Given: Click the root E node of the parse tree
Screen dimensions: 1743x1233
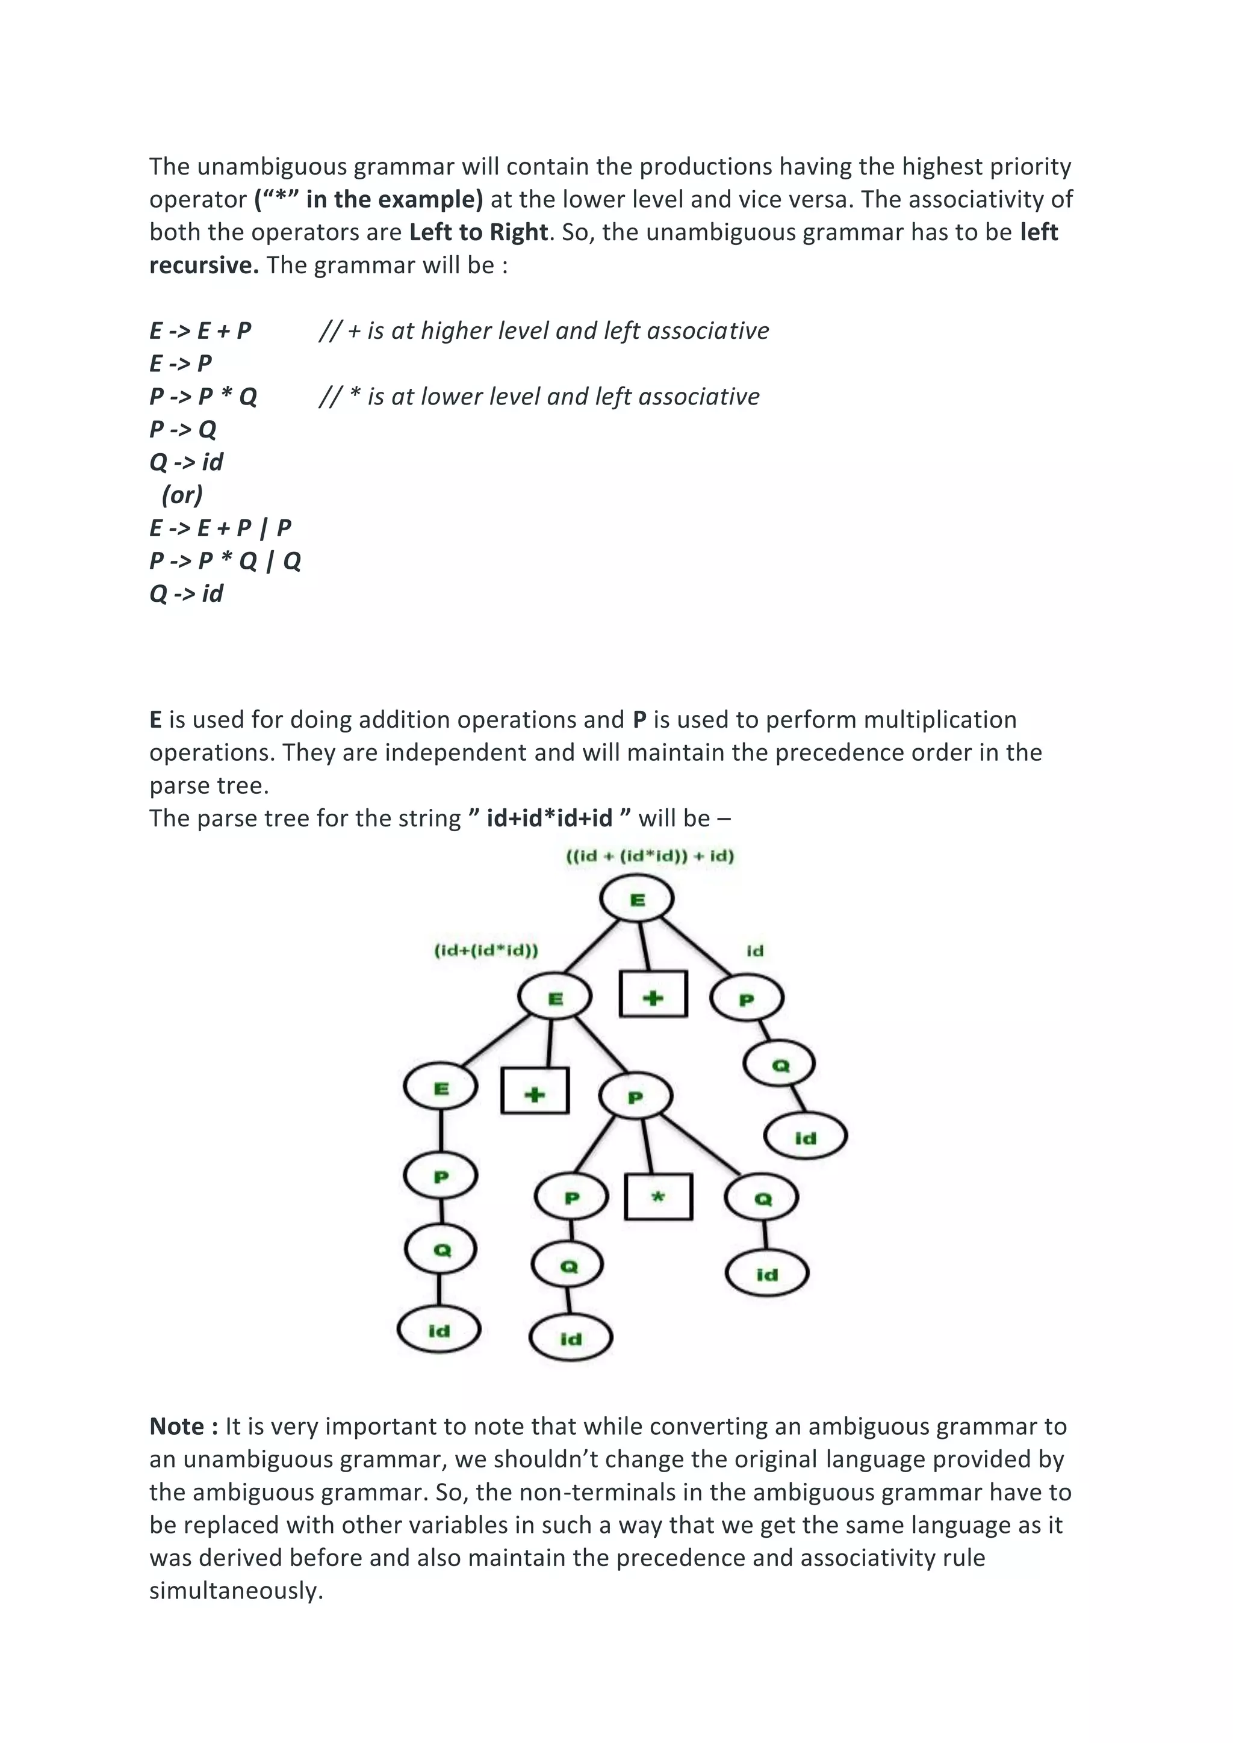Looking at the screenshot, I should pos(636,900).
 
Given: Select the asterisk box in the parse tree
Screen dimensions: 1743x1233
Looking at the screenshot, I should pos(658,1197).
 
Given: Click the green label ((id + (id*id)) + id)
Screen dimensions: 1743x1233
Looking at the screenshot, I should pos(650,856).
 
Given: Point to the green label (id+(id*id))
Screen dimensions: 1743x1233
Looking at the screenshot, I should pos(486,950).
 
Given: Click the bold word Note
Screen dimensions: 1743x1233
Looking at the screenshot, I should pos(176,1426).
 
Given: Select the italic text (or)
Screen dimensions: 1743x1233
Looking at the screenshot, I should pos(182,495).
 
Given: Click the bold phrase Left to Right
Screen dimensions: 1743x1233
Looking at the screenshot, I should pos(478,232).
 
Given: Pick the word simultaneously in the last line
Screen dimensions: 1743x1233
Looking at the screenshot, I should pos(235,1590).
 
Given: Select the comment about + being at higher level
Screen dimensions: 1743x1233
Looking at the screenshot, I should pos(544,331).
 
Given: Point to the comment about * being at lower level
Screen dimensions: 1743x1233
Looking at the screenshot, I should pos(539,396).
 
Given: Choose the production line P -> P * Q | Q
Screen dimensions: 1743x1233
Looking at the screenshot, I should pos(225,561).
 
